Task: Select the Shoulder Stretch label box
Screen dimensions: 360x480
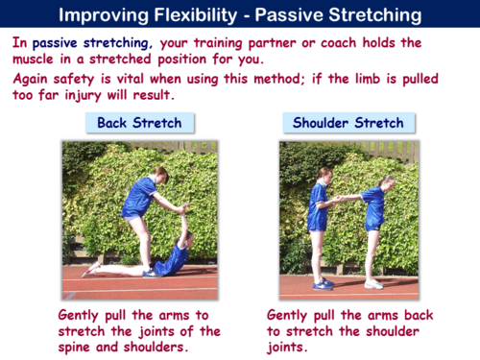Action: [344, 122]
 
